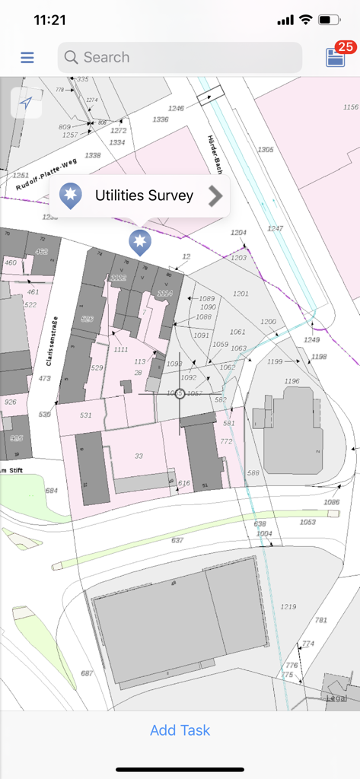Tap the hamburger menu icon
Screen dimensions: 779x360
27,57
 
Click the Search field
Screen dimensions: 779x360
180,57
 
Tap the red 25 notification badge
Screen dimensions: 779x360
346,47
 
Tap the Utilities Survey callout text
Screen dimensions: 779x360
144,196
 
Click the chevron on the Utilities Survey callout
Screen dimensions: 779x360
216,196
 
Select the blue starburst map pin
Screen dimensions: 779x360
139,242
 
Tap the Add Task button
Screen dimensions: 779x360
180,730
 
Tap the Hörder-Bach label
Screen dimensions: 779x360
215,154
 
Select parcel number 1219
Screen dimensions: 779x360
288,606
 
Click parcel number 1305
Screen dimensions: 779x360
265,149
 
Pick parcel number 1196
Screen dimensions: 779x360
292,380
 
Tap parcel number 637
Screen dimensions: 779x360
177,540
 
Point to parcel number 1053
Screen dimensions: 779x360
307,522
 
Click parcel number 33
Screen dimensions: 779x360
139,456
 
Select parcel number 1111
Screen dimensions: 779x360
120,349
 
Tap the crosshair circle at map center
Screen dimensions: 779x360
180,393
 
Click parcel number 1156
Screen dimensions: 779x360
350,107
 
